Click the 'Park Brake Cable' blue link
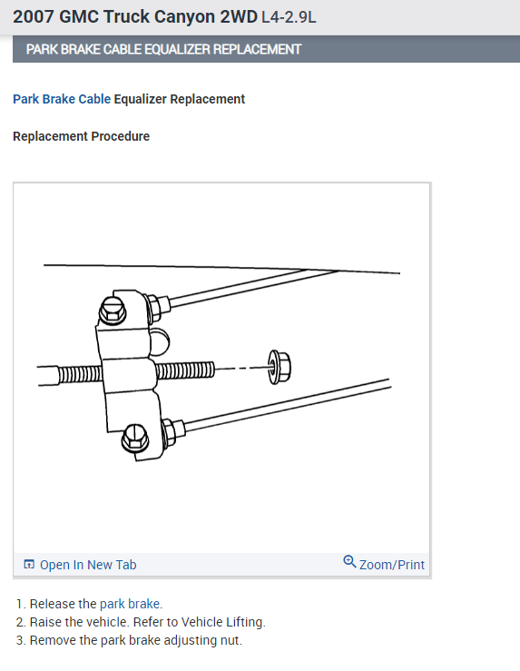click(62, 99)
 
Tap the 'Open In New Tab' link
click(88, 565)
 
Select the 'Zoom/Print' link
click(392, 565)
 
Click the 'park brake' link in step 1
click(131, 604)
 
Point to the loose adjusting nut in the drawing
click(279, 368)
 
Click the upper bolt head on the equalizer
click(113, 312)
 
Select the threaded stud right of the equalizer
click(185, 370)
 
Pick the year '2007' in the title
click(34, 16)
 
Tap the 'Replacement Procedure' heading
click(82, 136)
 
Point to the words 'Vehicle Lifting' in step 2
click(223, 622)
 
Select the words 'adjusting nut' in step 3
click(203, 640)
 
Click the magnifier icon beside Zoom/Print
click(349, 562)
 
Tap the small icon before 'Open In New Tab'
click(29, 565)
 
